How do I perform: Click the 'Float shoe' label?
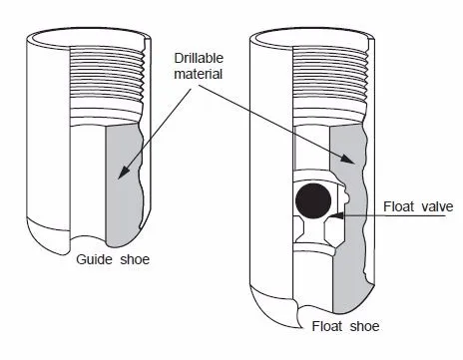[343, 325]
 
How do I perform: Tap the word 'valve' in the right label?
[436, 207]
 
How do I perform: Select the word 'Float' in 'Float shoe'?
[328, 325]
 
